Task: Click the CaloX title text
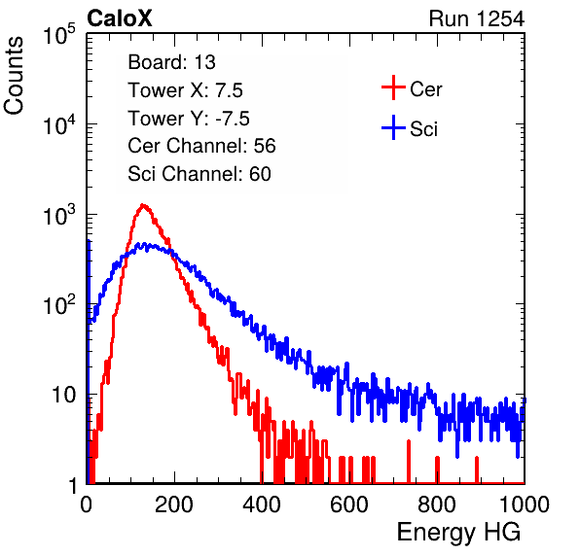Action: click(120, 18)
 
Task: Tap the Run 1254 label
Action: click(477, 18)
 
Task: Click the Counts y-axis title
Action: click(14, 76)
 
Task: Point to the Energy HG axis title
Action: click(458, 532)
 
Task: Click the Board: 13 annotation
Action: click(171, 62)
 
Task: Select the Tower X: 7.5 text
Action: click(185, 90)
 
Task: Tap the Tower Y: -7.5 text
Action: click(189, 119)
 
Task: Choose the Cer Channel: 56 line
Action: click(201, 146)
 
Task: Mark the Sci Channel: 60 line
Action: click(199, 174)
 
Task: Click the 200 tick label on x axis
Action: click(174, 504)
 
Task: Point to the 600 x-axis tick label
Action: click(349, 504)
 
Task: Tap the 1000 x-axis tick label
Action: click(525, 504)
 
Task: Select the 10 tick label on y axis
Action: click(63, 395)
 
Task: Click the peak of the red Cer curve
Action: click(143, 205)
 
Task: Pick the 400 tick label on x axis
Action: click(262, 504)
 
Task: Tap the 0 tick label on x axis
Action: click(87, 504)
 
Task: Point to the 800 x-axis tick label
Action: click(437, 504)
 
